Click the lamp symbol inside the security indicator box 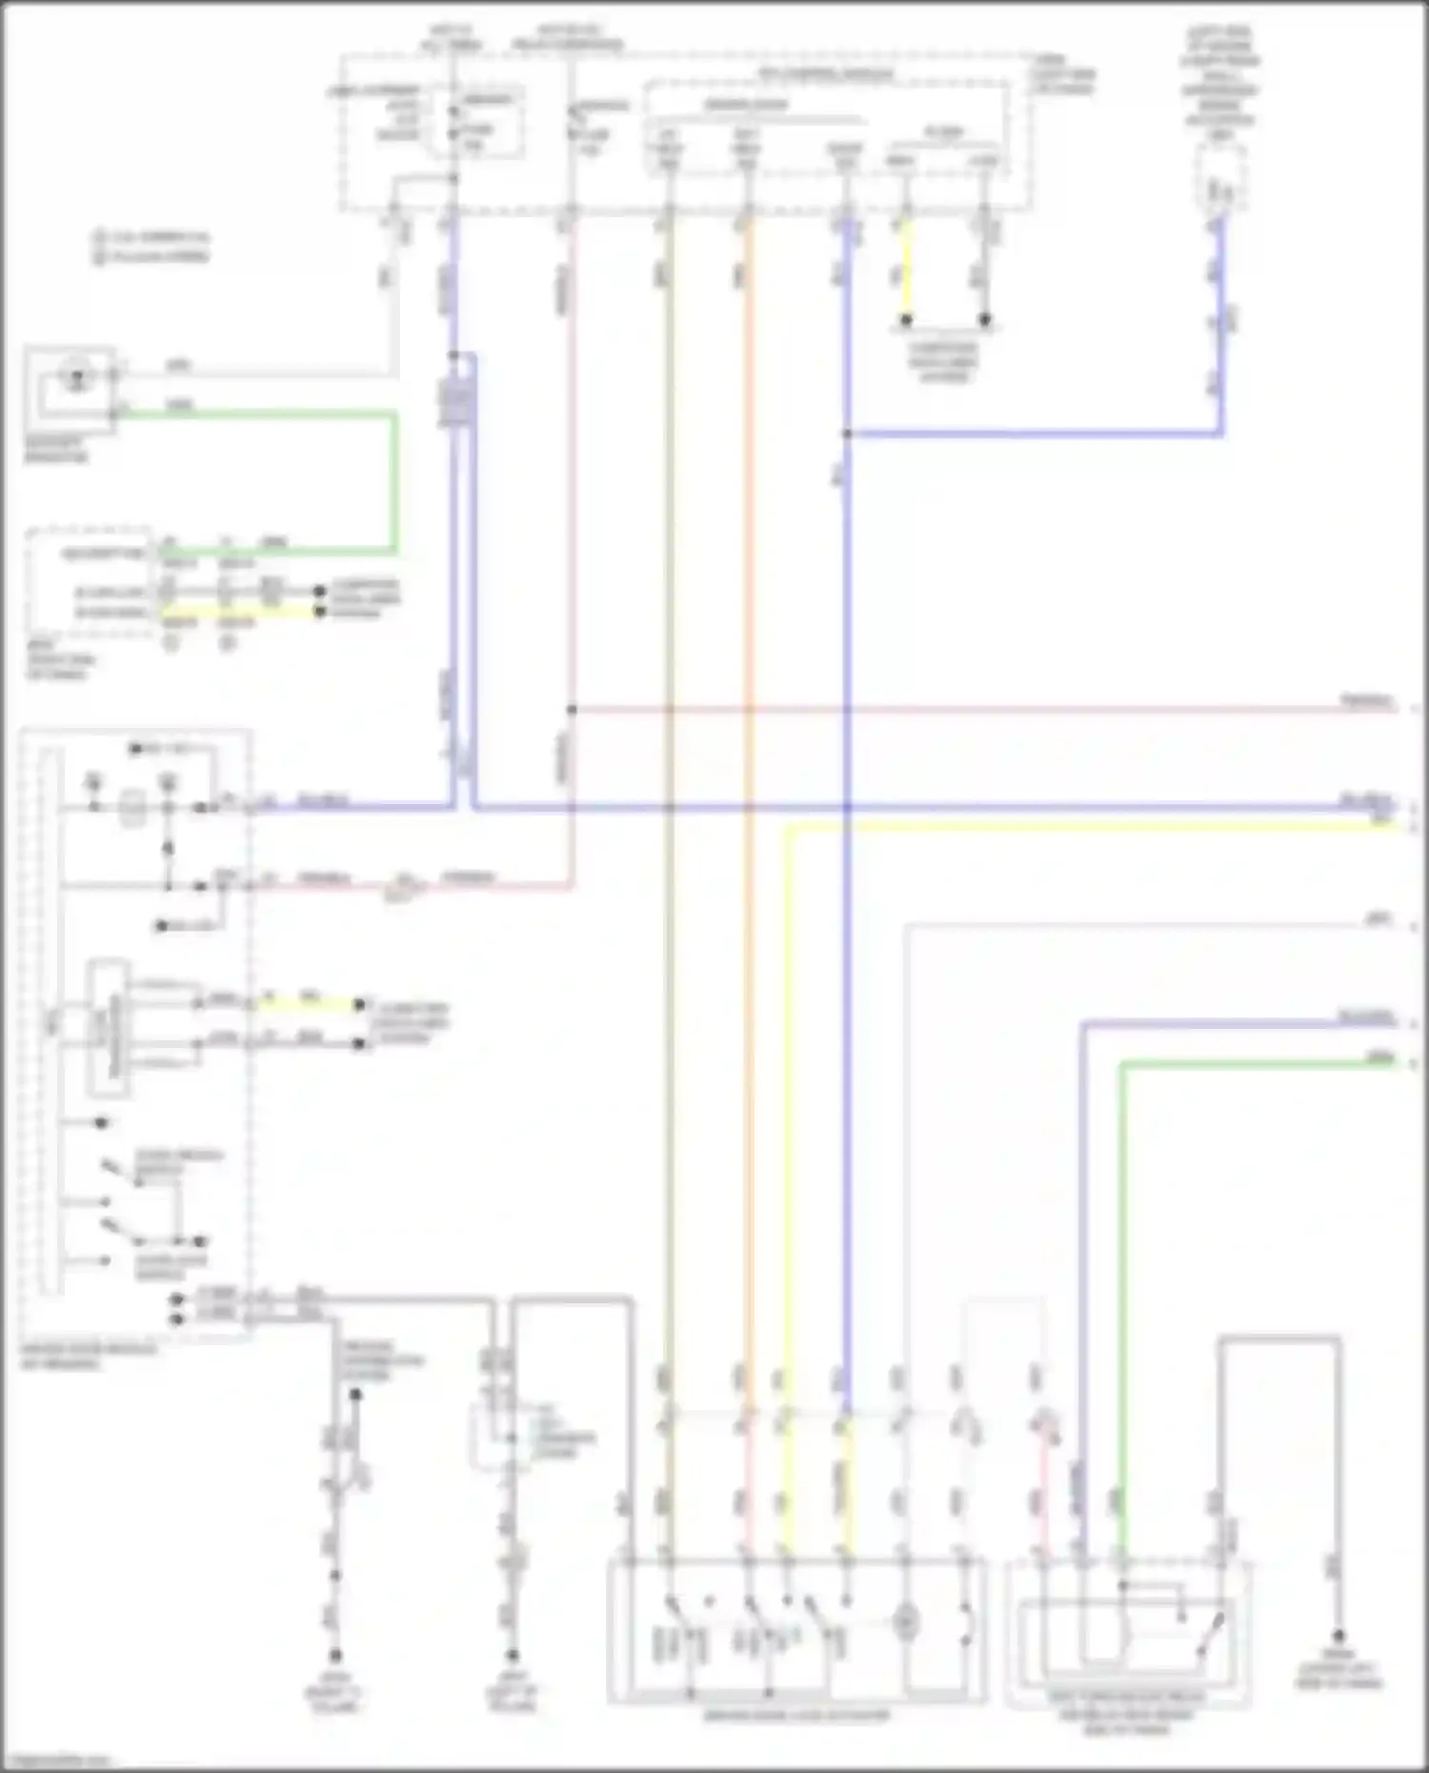(x=75, y=378)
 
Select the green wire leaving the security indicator (x=286, y=414)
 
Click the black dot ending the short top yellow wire (x=907, y=320)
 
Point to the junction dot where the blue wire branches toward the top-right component (x=846, y=434)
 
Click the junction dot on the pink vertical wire (x=572, y=710)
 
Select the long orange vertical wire (x=749, y=762)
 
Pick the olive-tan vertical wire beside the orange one (x=669, y=762)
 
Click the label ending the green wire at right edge (x=1379, y=1058)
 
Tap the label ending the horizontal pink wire (x=1366, y=703)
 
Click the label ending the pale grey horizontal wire (x=1378, y=919)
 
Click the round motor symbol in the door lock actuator (x=906, y=1621)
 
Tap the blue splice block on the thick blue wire (x=455, y=400)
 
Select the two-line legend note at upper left (x=152, y=246)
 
